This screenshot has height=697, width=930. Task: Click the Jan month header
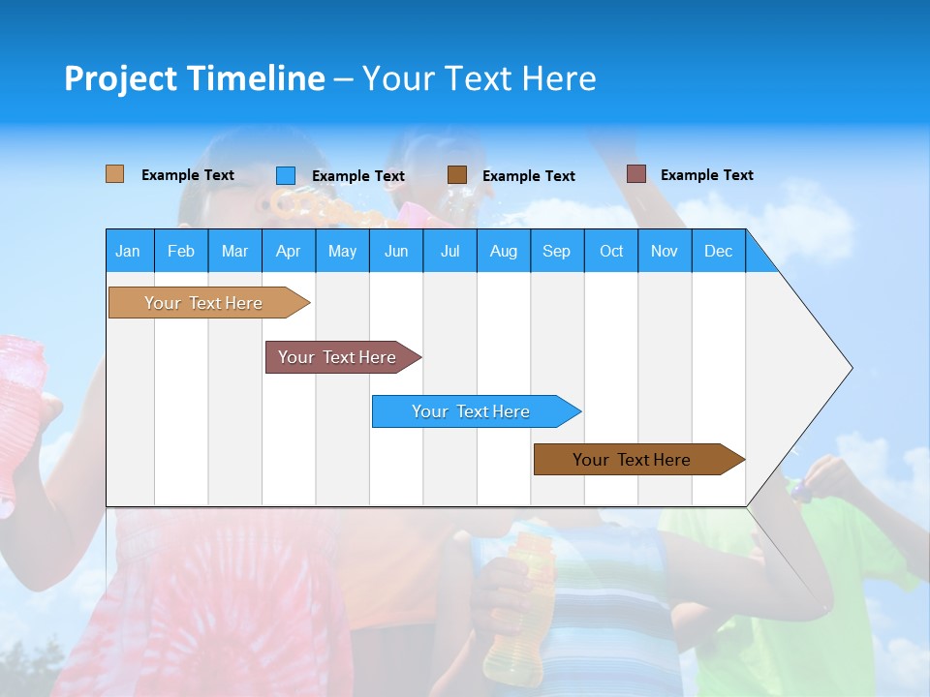tap(128, 251)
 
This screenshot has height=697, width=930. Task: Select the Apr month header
tap(288, 251)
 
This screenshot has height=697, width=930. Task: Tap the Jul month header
tap(449, 251)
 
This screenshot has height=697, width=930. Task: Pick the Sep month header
tap(556, 251)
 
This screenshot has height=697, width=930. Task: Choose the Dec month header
tap(718, 251)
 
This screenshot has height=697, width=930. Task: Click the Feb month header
tap(181, 251)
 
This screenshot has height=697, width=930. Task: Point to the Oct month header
tap(611, 251)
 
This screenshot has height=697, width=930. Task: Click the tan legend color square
tap(114, 174)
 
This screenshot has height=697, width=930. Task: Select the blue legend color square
tap(285, 175)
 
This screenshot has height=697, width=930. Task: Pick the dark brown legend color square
tap(457, 175)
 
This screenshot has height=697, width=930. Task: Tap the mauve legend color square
tap(635, 174)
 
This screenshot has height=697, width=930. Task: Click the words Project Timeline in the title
tap(195, 78)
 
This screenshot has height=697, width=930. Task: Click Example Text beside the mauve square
tap(706, 175)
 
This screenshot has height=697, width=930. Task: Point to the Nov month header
tap(665, 251)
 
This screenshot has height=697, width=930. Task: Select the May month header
tap(342, 251)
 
